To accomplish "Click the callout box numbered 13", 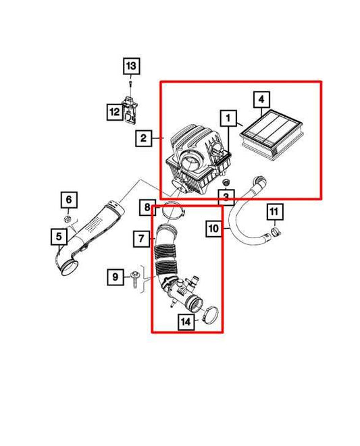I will tap(130, 66).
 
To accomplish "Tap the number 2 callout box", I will tap(143, 138).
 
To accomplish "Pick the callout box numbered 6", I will tap(68, 200).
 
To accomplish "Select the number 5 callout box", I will tap(59, 235).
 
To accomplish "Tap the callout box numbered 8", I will tap(146, 208).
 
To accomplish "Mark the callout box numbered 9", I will tap(115, 276).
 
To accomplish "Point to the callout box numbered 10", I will tap(213, 229).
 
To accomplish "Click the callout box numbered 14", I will tap(185, 322).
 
